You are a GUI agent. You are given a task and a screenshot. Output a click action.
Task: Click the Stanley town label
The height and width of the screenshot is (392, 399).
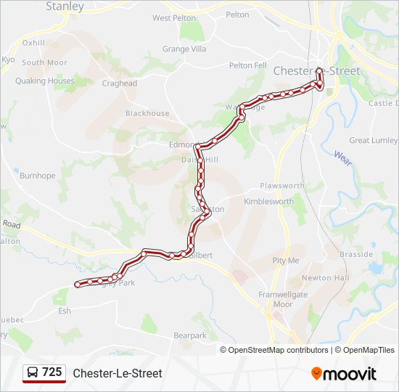[x=65, y=7]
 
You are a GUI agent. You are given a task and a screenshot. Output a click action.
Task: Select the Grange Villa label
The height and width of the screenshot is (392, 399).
[x=184, y=49]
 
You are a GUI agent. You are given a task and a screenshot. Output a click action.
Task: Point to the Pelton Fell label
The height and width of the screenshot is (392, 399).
[x=248, y=65]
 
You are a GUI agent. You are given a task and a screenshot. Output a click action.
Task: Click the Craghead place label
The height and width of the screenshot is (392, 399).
[x=119, y=83]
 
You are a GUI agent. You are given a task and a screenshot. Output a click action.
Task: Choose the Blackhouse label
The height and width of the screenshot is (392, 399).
[x=147, y=113]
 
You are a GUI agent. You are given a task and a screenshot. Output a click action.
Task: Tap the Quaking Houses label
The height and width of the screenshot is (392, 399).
[x=45, y=81]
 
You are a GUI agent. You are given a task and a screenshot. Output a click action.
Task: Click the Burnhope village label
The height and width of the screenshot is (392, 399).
[x=37, y=176]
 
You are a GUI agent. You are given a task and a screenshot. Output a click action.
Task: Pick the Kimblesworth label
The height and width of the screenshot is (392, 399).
[x=269, y=201]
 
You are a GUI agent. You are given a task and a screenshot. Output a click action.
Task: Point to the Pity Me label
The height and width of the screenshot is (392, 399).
[x=285, y=260]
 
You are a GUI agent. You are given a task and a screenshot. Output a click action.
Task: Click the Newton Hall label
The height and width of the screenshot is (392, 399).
[x=326, y=278]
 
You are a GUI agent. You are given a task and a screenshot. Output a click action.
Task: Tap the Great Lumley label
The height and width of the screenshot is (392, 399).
[x=374, y=140]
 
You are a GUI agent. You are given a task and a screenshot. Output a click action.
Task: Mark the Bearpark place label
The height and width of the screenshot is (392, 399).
[x=190, y=336]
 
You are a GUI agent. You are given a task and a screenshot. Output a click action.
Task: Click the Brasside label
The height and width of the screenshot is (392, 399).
[x=357, y=255]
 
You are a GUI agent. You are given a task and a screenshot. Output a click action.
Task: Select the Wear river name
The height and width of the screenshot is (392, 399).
[x=342, y=158]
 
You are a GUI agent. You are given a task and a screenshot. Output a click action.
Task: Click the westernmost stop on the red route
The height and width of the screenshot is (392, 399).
[x=77, y=285]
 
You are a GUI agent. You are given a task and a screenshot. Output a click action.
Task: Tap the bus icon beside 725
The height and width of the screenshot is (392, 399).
[x=33, y=372]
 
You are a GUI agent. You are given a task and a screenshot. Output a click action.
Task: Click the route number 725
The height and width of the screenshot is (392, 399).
[x=52, y=372]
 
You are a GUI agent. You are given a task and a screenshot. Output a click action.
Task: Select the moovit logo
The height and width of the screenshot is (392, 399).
[x=344, y=373]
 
